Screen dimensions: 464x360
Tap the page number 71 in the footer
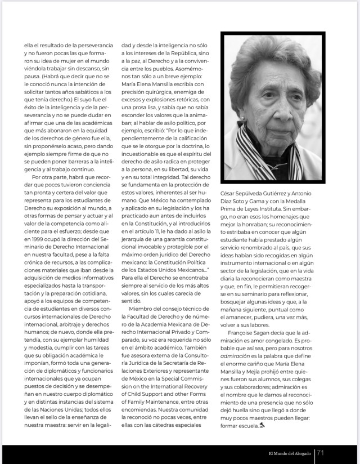click(x=320, y=452)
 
